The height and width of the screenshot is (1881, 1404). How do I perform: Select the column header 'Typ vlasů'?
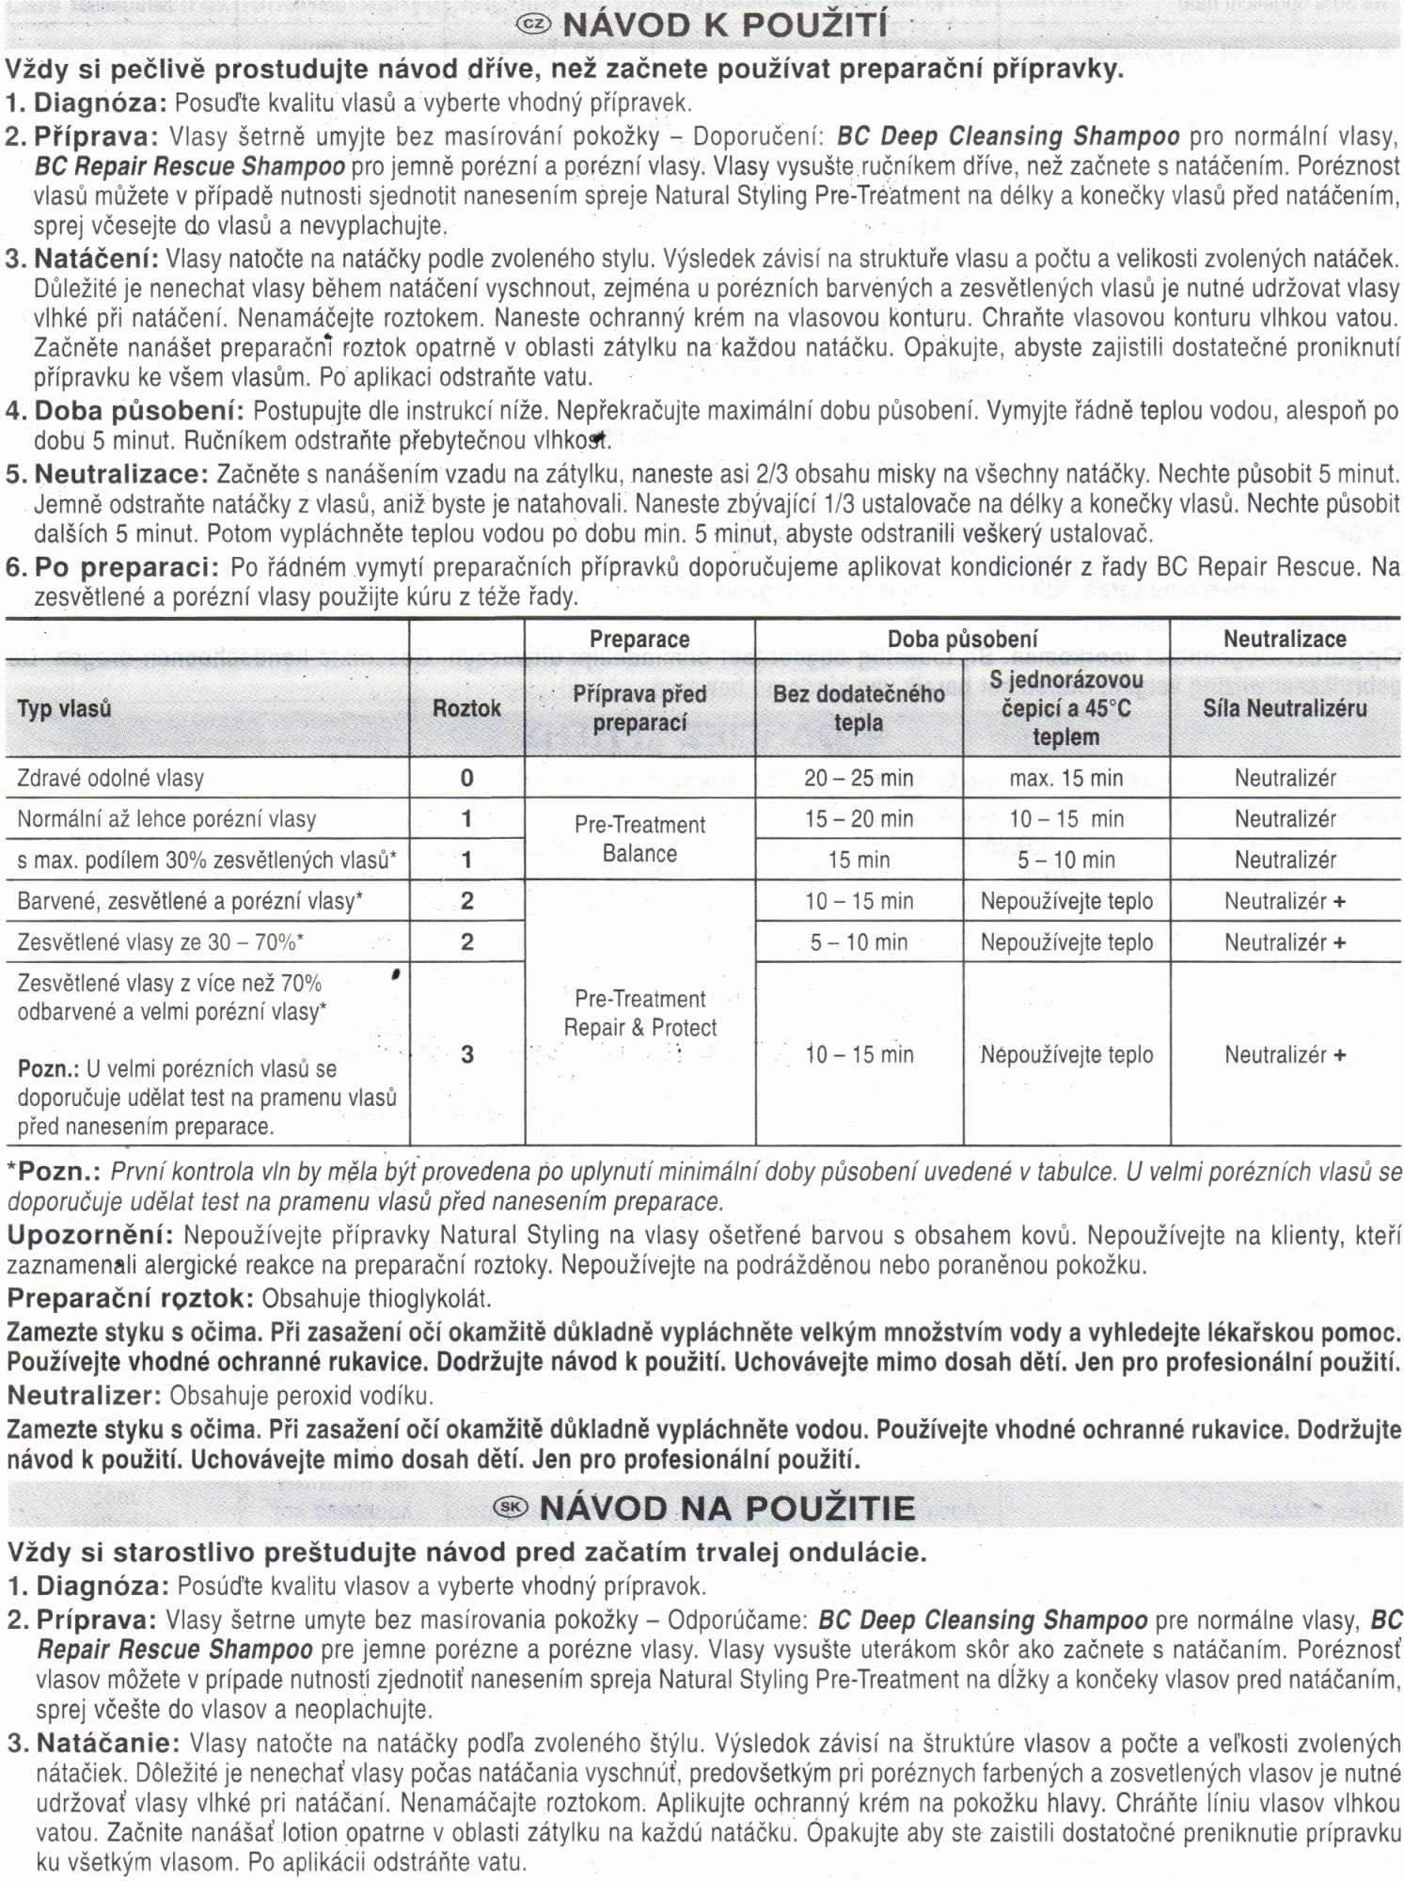coord(64,708)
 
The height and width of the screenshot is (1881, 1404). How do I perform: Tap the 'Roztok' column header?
coord(466,708)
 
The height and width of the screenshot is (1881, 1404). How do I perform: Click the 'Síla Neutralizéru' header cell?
coord(1285,708)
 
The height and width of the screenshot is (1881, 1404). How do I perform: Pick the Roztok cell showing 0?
coord(466,778)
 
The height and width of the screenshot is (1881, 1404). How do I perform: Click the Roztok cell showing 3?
coord(466,1054)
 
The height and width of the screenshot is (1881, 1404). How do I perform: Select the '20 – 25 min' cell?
coord(858,778)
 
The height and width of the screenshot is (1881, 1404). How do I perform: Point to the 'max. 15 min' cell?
coord(1065,778)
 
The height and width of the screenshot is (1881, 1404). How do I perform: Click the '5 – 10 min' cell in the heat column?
coord(1065,860)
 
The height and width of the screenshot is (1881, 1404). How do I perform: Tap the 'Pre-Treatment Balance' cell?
coord(639,839)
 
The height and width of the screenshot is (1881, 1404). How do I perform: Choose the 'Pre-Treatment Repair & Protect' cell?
coord(639,1013)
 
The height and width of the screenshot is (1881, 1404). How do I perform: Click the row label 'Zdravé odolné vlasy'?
coord(110,778)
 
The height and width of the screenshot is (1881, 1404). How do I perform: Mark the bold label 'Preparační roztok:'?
coord(130,1299)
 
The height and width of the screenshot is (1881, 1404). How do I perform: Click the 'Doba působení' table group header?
coord(962,640)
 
